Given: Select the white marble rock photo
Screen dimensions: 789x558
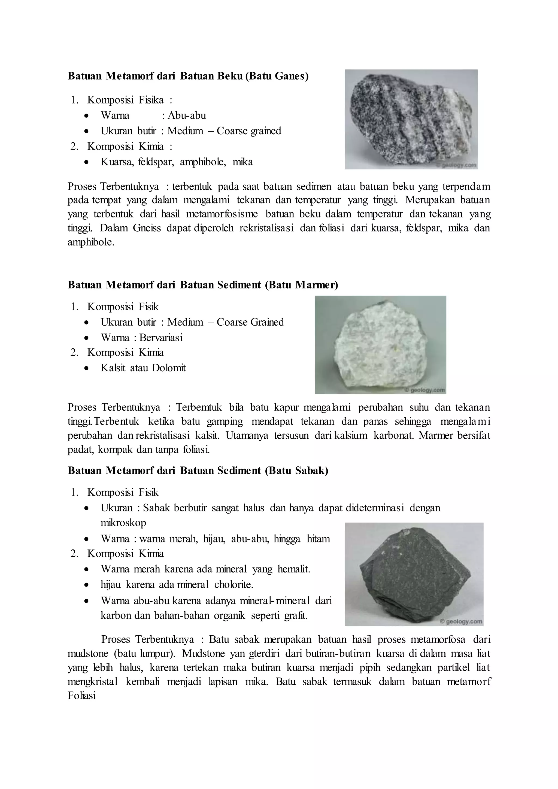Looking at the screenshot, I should click(380, 345).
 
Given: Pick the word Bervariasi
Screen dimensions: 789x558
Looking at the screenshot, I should click(161, 338).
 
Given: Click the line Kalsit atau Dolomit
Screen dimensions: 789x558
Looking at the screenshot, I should click(143, 368).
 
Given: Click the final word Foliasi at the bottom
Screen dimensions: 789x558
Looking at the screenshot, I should click(81, 696).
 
